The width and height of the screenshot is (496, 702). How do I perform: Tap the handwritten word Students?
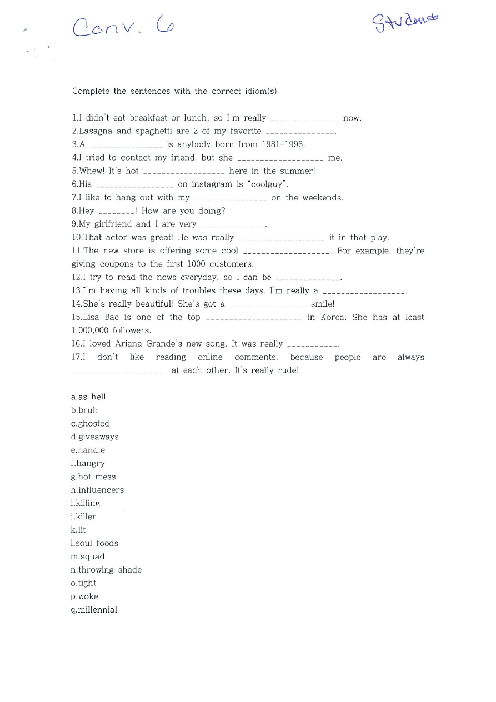pos(405,22)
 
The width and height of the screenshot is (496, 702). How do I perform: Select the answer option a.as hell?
pos(88,397)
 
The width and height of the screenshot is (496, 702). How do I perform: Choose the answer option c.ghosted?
pos(90,423)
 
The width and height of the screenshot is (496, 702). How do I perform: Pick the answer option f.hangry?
pos(88,463)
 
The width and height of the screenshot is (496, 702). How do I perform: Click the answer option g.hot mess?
pos(93,477)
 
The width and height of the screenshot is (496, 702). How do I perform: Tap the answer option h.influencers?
pos(97,490)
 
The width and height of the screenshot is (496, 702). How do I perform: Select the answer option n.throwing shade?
pos(106,570)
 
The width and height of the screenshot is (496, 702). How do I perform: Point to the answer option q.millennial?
pos(94,610)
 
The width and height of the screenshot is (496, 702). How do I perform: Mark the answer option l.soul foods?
pos(94,543)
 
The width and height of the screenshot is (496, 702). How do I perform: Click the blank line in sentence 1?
pos(304,119)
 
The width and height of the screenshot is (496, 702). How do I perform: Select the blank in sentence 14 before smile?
pos(268,305)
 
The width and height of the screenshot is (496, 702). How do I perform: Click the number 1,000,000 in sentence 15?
pos(93,330)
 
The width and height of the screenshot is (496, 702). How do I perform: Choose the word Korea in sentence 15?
pos(333,317)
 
